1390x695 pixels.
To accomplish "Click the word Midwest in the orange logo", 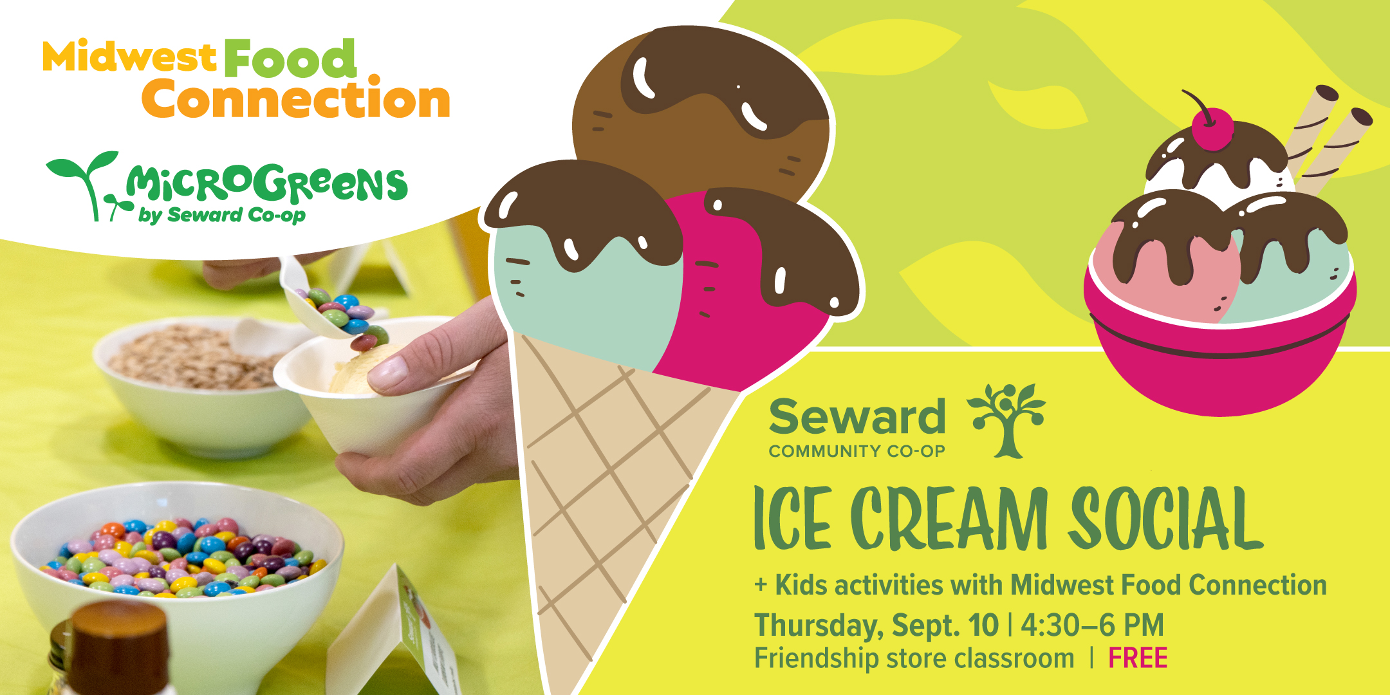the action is (129, 56).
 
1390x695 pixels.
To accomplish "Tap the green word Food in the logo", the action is (290, 59).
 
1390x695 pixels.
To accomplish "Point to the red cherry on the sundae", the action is (1212, 129).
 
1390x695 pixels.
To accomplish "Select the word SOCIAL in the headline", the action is (1165, 519).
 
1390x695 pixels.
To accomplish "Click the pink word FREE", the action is (1138, 658).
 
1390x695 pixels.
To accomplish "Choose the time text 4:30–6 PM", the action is (1093, 625).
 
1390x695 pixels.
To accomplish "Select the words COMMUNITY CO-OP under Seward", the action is (857, 451).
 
